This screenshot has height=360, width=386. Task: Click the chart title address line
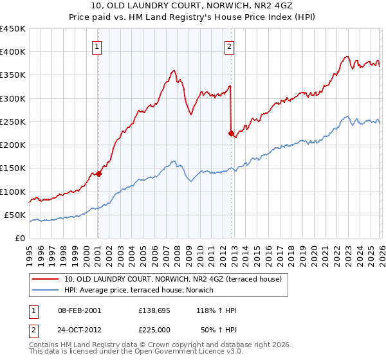tap(193, 5)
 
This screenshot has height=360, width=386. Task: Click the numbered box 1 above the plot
tap(96, 46)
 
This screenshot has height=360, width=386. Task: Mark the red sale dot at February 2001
tap(98, 174)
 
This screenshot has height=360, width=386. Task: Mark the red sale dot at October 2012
tap(231, 134)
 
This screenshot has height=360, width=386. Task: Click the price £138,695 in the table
tap(154, 310)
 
